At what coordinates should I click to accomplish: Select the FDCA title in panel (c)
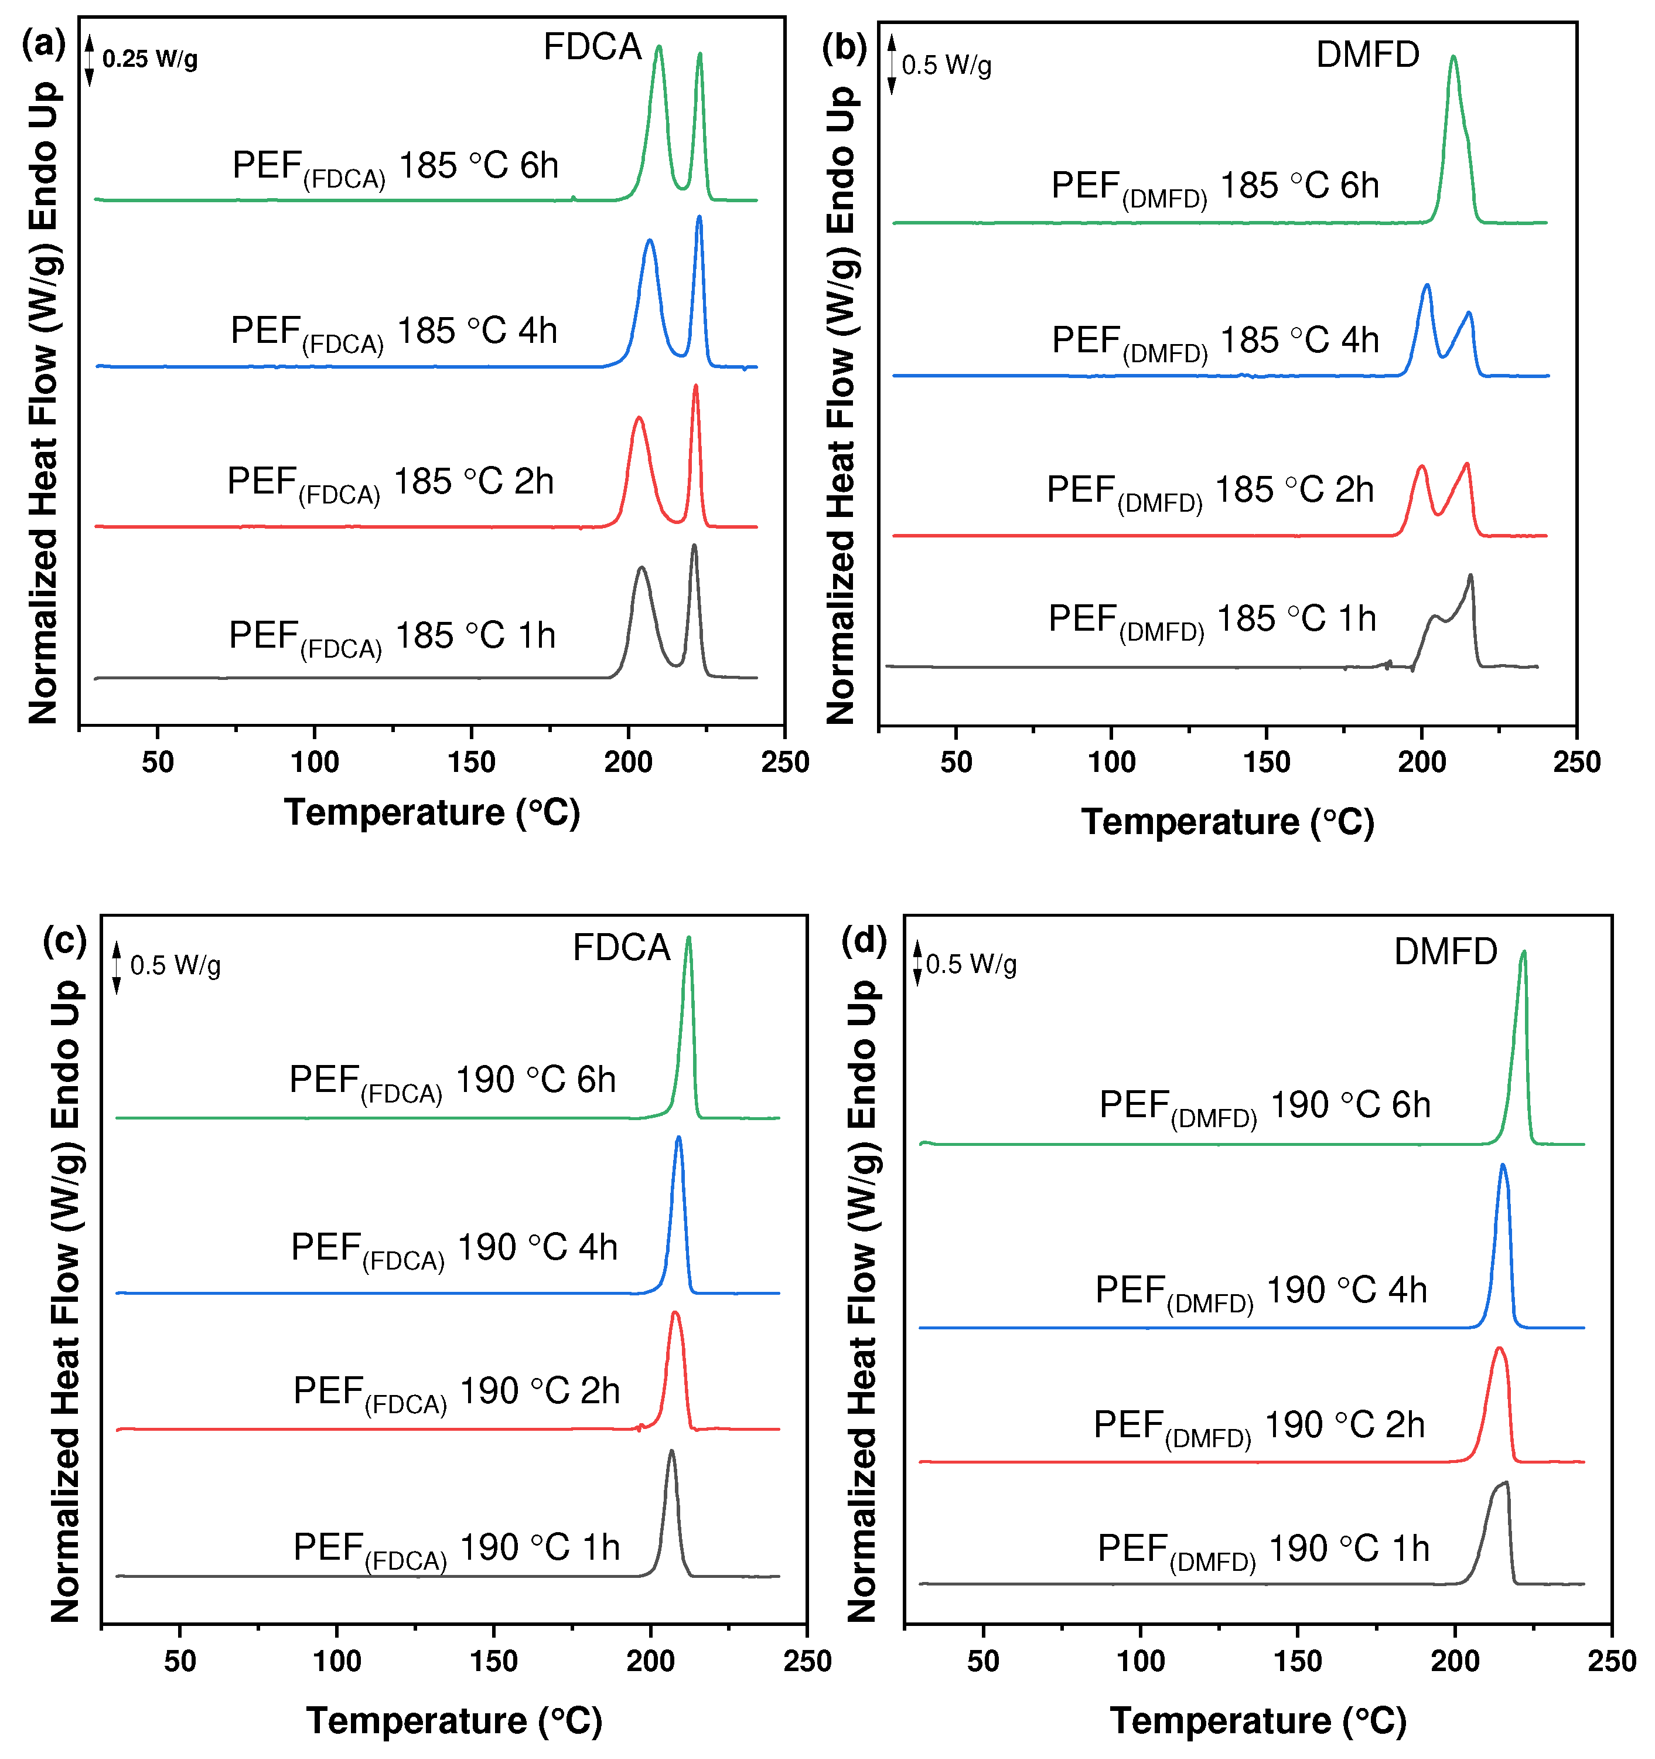[621, 948]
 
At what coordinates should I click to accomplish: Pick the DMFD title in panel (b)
[1367, 55]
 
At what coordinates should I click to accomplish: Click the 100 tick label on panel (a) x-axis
[314, 762]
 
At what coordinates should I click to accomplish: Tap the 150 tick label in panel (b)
[1266, 762]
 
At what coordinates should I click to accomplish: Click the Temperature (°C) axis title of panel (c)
[454, 1721]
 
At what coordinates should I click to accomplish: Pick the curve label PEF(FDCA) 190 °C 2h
[456, 1392]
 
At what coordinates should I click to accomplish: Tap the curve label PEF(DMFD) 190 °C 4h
[1261, 1291]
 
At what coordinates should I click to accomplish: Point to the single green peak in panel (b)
[1452, 59]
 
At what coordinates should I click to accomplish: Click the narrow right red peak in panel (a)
[695, 387]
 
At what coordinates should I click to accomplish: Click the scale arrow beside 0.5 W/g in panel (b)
[892, 64]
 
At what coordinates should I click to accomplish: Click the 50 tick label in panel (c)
[180, 1661]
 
